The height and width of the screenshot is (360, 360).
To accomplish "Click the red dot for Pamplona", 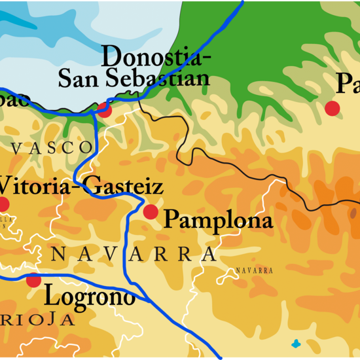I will click(x=151, y=211).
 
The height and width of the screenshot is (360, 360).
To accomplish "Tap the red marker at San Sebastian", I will click(x=104, y=109).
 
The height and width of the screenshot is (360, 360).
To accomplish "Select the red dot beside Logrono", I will click(x=33, y=280).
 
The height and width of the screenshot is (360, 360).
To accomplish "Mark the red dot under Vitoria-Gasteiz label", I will click(x=3, y=204).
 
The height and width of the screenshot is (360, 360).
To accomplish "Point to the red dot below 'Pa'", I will click(x=333, y=108).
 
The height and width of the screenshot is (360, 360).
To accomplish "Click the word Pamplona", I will click(x=217, y=221).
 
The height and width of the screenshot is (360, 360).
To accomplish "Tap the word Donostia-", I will click(x=156, y=56).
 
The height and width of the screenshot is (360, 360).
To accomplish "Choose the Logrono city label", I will click(x=90, y=297).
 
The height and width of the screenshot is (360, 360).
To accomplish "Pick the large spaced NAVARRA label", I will click(x=134, y=254).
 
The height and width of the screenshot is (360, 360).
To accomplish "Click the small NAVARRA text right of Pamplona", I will click(x=254, y=270).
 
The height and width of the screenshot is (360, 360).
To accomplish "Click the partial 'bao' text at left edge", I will click(x=14, y=99).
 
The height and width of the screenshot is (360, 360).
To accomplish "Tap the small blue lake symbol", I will click(x=297, y=343).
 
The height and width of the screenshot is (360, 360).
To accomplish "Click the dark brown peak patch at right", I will click(x=353, y=213).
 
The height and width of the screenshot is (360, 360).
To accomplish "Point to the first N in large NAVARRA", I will click(x=58, y=254).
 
